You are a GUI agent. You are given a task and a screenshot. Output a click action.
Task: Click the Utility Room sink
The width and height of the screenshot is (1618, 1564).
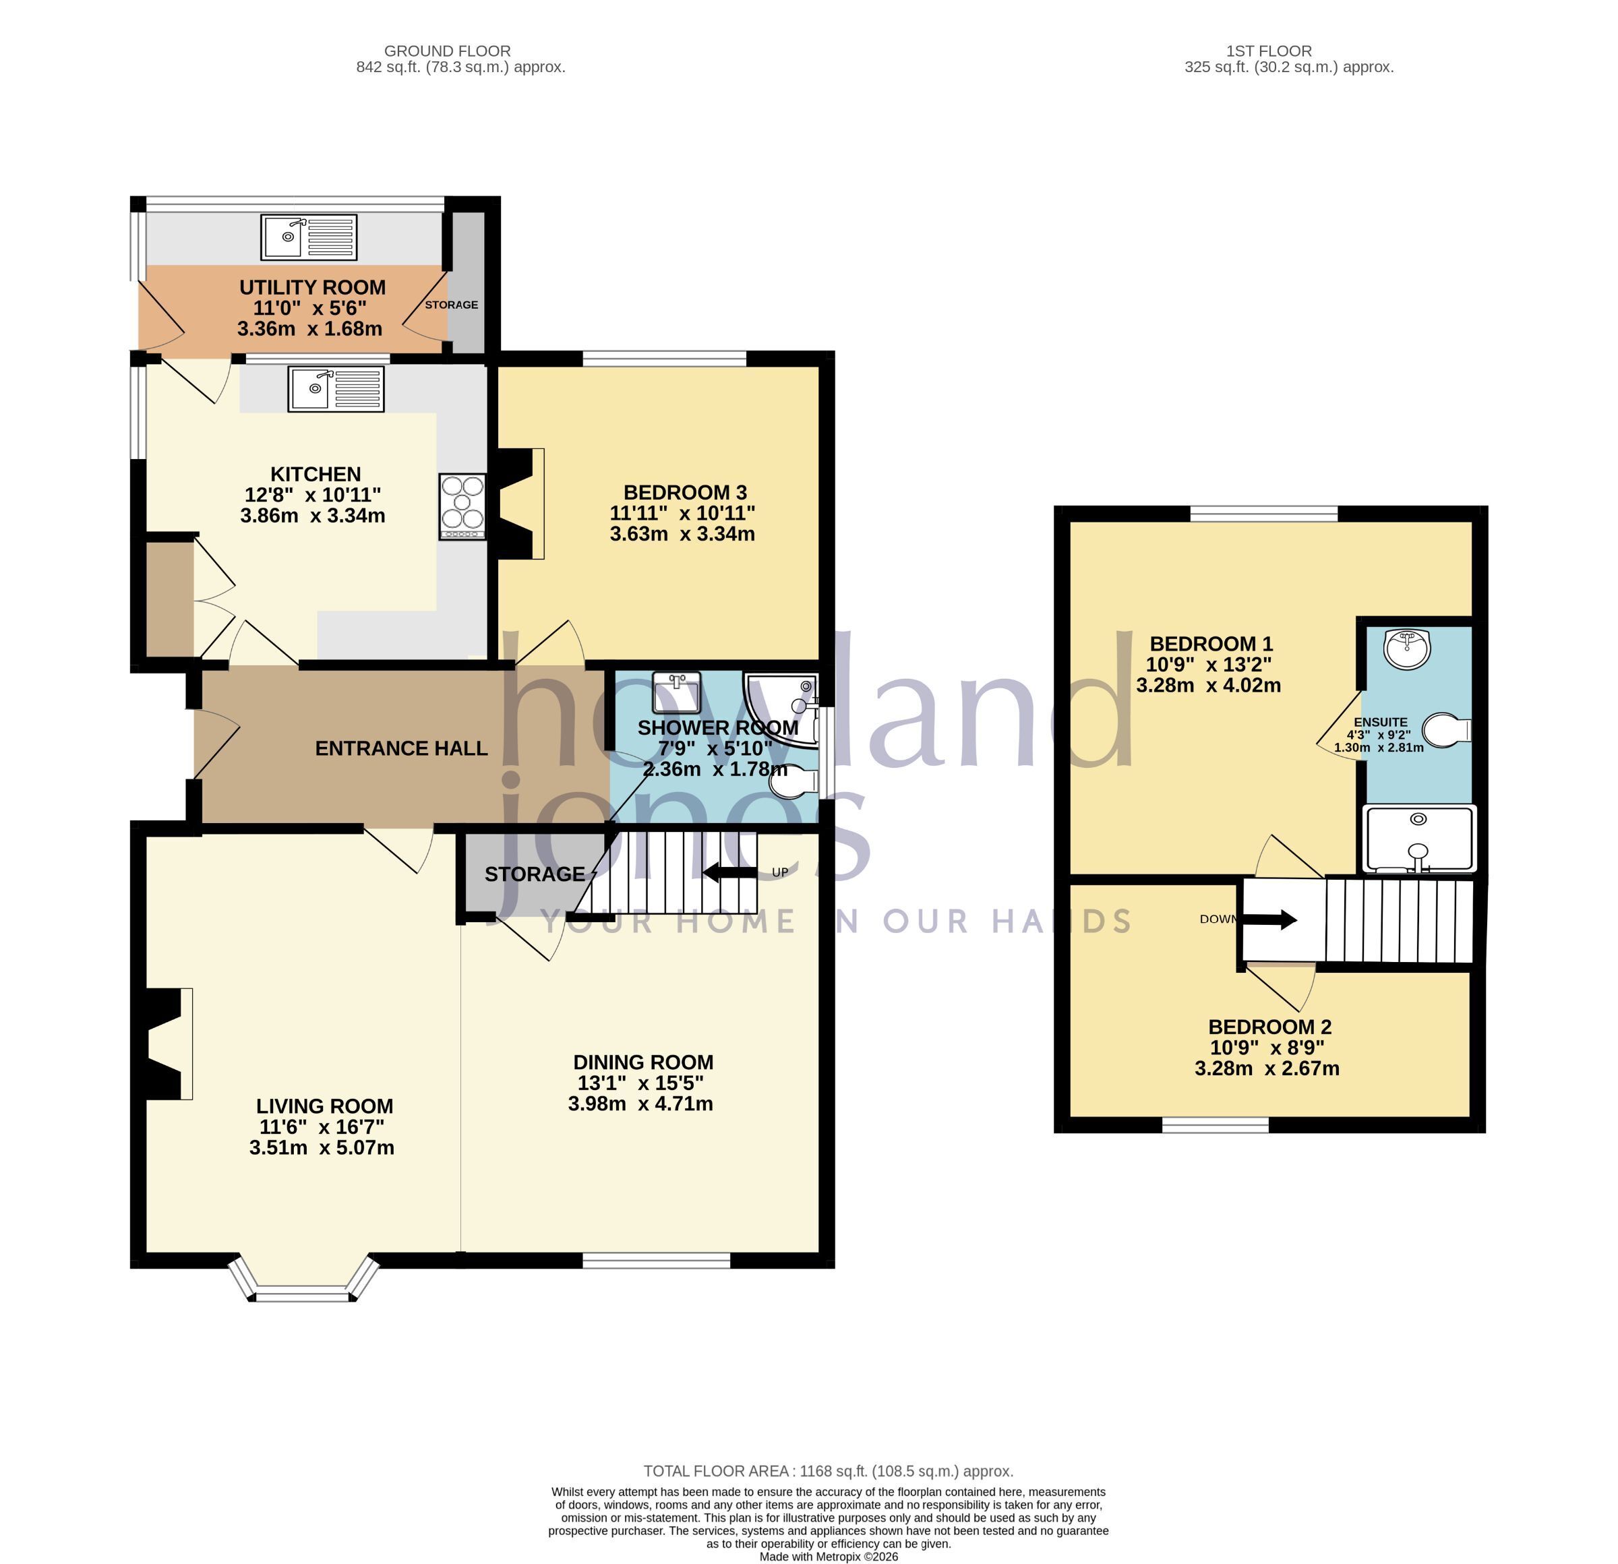[x=309, y=237]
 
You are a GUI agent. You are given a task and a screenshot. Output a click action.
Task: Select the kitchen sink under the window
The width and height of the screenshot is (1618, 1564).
[x=336, y=389]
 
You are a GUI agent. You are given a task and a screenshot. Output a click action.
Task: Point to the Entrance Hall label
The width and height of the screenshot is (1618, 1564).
[x=401, y=748]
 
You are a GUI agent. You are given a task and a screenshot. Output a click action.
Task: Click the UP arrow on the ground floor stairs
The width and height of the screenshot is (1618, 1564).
[x=729, y=872]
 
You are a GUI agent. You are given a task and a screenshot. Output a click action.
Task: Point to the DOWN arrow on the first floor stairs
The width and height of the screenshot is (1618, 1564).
[x=1269, y=920]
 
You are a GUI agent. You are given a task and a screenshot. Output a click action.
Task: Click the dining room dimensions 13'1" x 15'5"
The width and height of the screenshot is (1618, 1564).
[x=640, y=1083]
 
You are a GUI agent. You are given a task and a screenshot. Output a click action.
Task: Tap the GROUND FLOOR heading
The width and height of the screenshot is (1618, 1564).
[x=448, y=51]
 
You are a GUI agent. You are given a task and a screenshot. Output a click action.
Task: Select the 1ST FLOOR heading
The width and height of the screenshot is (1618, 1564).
[x=1269, y=51]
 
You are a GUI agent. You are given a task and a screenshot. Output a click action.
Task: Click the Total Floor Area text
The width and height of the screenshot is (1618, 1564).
[x=828, y=1471]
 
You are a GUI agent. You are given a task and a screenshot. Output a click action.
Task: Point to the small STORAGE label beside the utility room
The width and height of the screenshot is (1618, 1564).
[x=452, y=305]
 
